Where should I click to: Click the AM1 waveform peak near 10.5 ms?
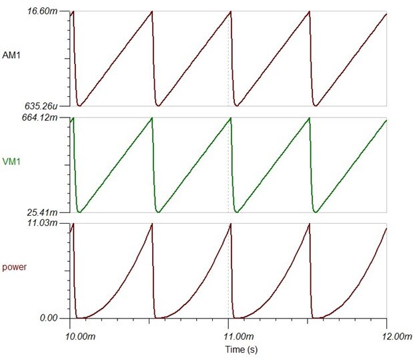[x=151, y=12]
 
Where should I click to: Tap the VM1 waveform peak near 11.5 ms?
[x=309, y=118]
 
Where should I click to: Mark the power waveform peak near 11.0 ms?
[x=230, y=224]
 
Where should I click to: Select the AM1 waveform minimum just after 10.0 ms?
[x=80, y=106]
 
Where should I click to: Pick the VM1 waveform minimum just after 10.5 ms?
[x=158, y=212]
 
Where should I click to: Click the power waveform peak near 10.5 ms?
[x=151, y=224]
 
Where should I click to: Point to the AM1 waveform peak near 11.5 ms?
[x=309, y=12]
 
